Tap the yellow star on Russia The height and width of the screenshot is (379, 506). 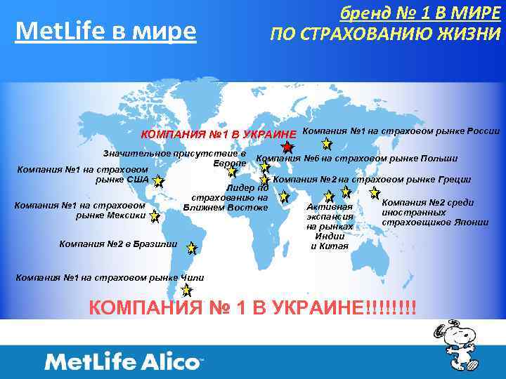tap(327, 144)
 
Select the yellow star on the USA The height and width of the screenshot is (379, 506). tap(158, 182)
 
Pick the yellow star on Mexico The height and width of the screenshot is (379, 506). tap(155, 217)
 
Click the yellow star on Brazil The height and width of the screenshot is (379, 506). tap(192, 246)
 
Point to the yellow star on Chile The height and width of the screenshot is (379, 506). tap(186, 290)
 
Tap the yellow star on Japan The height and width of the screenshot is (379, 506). tap(375, 192)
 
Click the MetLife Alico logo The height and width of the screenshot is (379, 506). tap(123, 362)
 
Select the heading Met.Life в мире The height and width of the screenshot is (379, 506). tap(106, 31)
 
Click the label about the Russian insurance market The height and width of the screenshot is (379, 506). tap(401, 131)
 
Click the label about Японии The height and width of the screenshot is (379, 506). tap(434, 212)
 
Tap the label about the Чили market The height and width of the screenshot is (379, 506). tap(109, 278)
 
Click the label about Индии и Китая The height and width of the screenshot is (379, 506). tap(329, 226)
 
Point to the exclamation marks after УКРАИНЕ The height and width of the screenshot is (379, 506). tap(391, 308)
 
